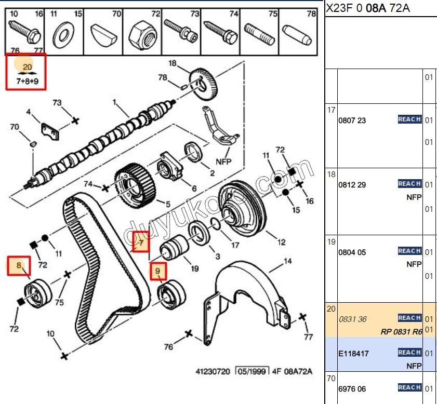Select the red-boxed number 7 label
[141, 241]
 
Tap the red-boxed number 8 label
[19, 266]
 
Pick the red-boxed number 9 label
[158, 271]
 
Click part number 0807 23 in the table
[352, 120]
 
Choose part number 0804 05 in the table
[352, 252]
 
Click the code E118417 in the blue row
[353, 354]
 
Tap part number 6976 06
[352, 388]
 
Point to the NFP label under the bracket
[223, 161]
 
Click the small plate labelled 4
[50, 130]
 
